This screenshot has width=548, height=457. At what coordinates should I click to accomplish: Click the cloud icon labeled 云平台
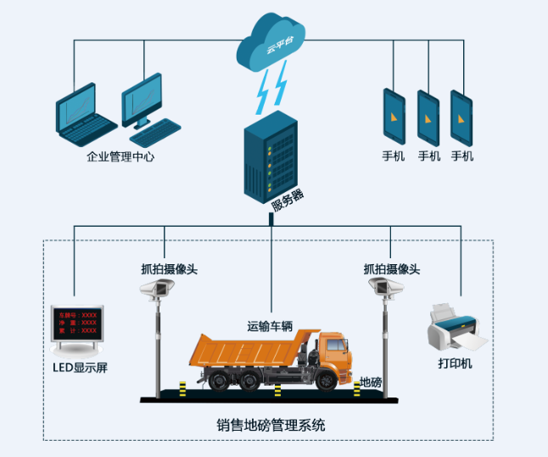[x=273, y=42]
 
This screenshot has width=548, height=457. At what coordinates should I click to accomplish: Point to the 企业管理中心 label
[x=120, y=156]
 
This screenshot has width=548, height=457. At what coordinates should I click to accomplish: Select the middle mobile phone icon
[x=428, y=116]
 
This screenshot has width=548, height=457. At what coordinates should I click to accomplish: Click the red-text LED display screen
[x=77, y=326]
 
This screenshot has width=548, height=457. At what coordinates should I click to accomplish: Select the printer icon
[x=456, y=328]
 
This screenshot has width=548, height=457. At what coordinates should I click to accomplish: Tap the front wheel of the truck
[x=324, y=380]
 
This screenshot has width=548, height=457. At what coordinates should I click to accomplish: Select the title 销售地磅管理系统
[x=271, y=425]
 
